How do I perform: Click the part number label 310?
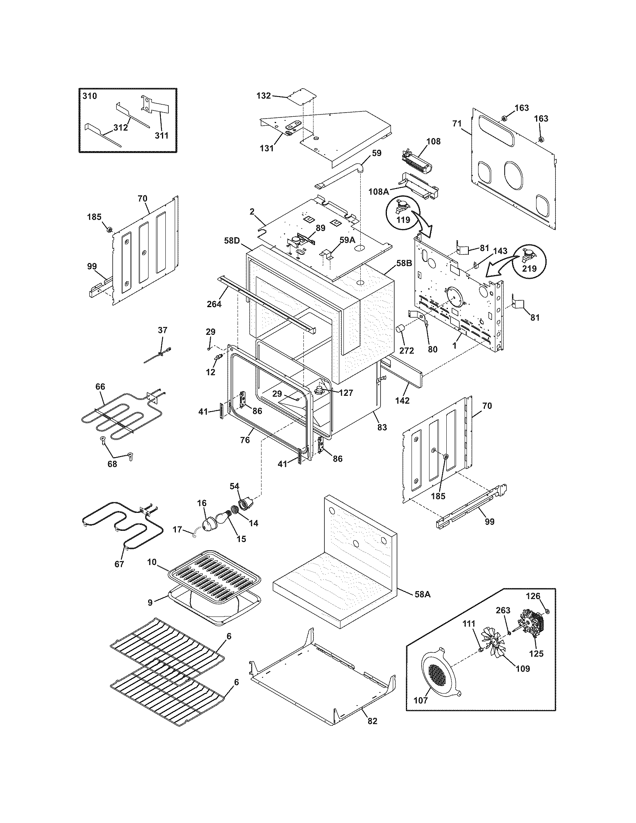(90, 96)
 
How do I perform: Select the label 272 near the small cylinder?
(407, 351)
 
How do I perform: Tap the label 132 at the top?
(263, 96)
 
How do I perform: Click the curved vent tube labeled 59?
(339, 175)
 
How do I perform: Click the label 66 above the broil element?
(100, 386)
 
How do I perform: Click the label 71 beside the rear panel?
(457, 123)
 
